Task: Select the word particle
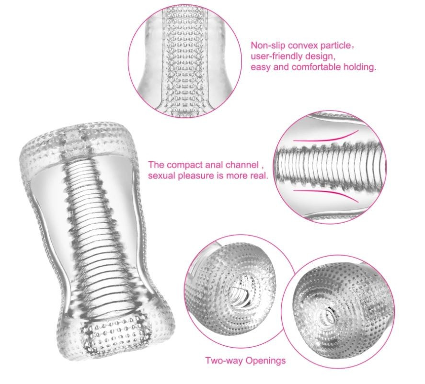pyautogui.click(x=336, y=45)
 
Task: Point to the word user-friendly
pyautogui.click(x=276, y=56)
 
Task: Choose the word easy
pyautogui.click(x=261, y=68)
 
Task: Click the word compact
pyautogui.click(x=183, y=165)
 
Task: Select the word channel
pyautogui.click(x=242, y=165)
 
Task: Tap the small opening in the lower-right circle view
pyautogui.click(x=327, y=316)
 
